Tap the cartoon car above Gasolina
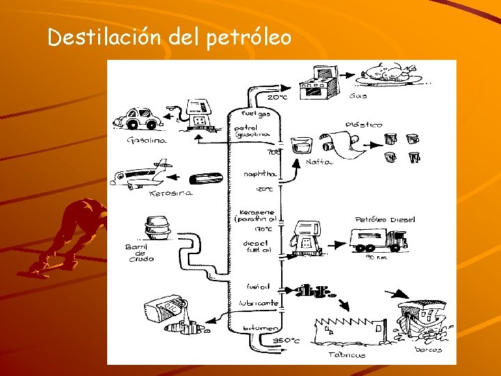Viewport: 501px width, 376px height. point(138,119)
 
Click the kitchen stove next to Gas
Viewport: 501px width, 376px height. point(318,81)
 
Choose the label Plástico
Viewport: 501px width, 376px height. point(364,125)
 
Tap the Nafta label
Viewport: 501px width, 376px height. point(319,162)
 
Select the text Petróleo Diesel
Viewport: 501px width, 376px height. point(385,219)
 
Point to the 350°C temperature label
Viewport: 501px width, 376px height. point(285,340)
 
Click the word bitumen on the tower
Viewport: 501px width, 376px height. point(261,328)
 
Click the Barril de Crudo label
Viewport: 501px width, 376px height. point(140,253)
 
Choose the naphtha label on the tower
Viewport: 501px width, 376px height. point(260,174)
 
